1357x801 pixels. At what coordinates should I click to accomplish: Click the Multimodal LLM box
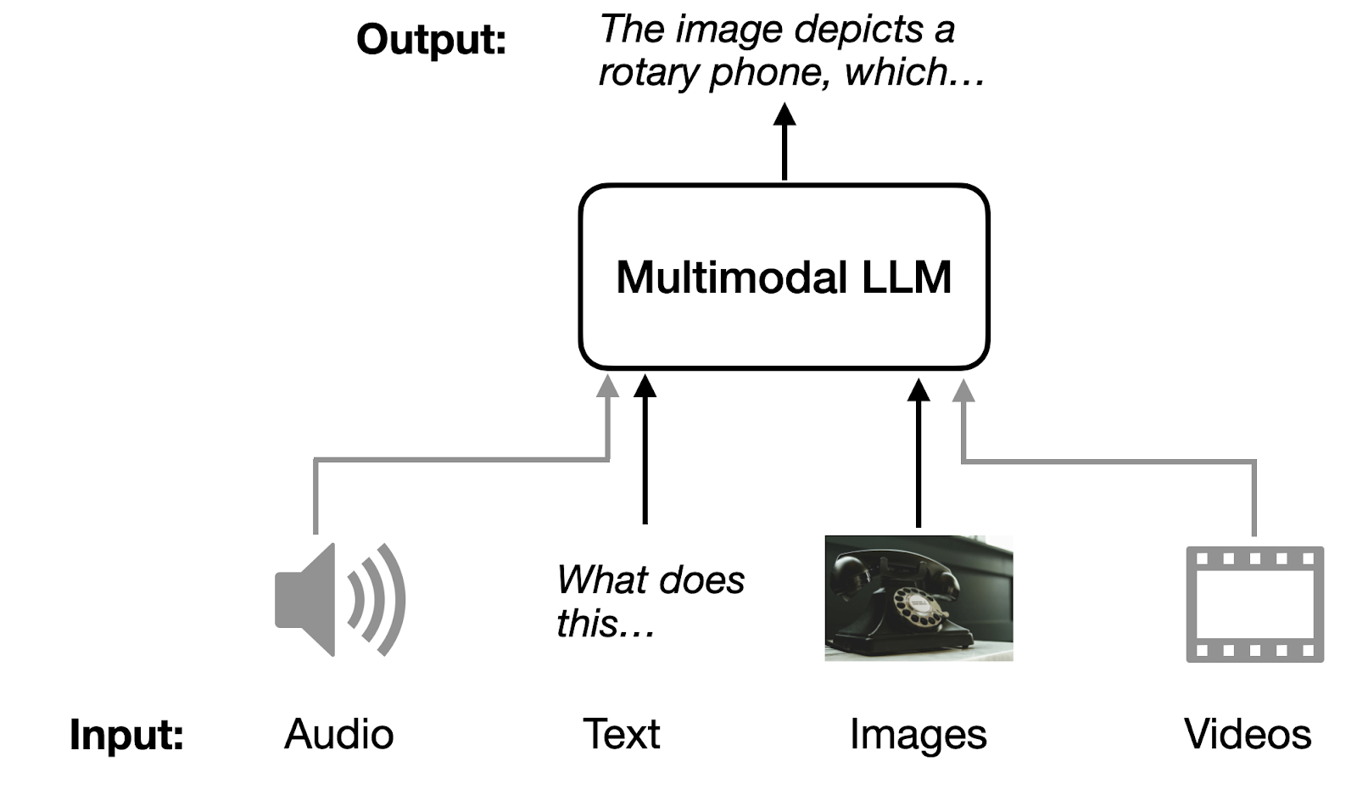point(784,277)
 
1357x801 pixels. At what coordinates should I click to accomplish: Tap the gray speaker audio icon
point(339,599)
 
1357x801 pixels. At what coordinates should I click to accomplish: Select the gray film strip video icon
point(1254,604)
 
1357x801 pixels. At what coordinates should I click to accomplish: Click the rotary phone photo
point(919,597)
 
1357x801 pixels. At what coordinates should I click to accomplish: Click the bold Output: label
point(431,40)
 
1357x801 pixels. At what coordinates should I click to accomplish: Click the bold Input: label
point(126,734)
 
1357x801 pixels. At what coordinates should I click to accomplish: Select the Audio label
point(338,734)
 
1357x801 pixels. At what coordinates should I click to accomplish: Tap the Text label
point(621,734)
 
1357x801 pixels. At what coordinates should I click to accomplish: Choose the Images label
point(918,735)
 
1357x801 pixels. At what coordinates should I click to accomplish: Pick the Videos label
point(1248,734)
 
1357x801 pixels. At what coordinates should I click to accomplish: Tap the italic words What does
point(651,580)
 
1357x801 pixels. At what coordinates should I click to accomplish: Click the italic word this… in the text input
point(605,624)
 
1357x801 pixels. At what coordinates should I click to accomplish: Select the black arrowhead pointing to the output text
point(785,115)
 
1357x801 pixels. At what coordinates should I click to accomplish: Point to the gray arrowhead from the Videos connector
point(963,390)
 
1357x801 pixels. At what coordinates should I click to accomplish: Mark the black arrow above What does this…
point(645,450)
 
